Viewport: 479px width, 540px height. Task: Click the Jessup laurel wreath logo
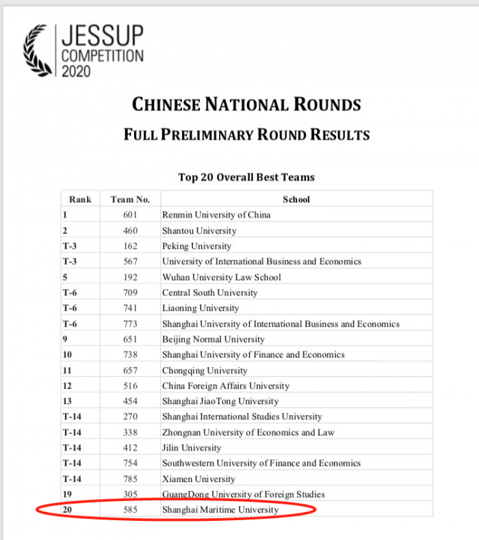(38, 52)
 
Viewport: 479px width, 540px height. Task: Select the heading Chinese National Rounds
(246, 105)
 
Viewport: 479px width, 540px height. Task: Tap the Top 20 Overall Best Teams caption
(246, 177)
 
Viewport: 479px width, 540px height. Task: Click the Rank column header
(80, 200)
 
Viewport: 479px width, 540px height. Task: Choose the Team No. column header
(130, 200)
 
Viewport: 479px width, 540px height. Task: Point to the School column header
(296, 200)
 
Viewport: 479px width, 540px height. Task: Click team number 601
(130, 215)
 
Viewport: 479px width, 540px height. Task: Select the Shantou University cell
(199, 230)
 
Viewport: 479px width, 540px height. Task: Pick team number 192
(130, 277)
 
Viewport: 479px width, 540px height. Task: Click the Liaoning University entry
(200, 308)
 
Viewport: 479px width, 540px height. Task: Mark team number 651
(130, 339)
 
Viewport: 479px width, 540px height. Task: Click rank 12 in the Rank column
(68, 386)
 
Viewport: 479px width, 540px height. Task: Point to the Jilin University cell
(192, 448)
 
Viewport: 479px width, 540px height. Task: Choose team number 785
(130, 478)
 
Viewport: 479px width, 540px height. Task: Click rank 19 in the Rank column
(68, 494)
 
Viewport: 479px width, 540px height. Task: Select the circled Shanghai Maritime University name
(220, 510)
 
